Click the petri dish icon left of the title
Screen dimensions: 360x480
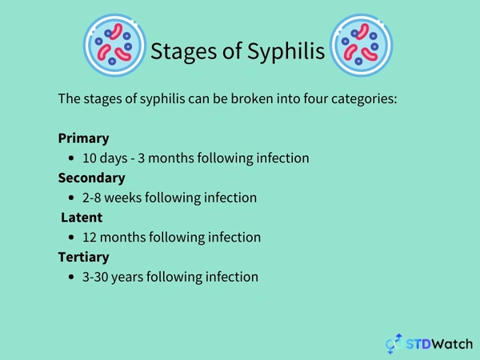(115, 45)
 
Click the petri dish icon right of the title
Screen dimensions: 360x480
(362, 45)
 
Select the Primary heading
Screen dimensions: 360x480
(83, 138)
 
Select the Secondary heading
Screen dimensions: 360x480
(91, 178)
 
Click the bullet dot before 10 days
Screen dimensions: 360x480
(74, 158)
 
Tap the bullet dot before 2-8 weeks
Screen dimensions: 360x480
(74, 198)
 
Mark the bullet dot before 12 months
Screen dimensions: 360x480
(74, 238)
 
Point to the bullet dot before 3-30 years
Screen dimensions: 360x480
(74, 278)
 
